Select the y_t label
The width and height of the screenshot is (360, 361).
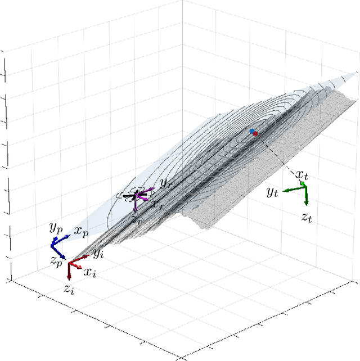coord(273,193)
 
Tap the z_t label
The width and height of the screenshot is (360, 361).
coord(307,218)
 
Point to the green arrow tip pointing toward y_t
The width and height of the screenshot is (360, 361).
coord(283,191)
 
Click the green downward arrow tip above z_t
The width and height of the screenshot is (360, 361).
coord(306,205)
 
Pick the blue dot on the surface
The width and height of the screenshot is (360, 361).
coord(252,131)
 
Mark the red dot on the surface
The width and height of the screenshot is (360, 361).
coord(255,134)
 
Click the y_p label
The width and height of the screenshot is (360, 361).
coord(55,228)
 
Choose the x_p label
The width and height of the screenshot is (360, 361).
coord(81,231)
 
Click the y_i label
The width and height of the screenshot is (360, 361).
coord(99,254)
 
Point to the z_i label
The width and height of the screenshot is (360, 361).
coord(68,290)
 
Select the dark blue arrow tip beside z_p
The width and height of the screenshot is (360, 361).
coord(65,259)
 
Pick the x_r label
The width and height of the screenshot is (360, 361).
coord(158,204)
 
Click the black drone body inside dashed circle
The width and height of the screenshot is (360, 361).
coord(133,196)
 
